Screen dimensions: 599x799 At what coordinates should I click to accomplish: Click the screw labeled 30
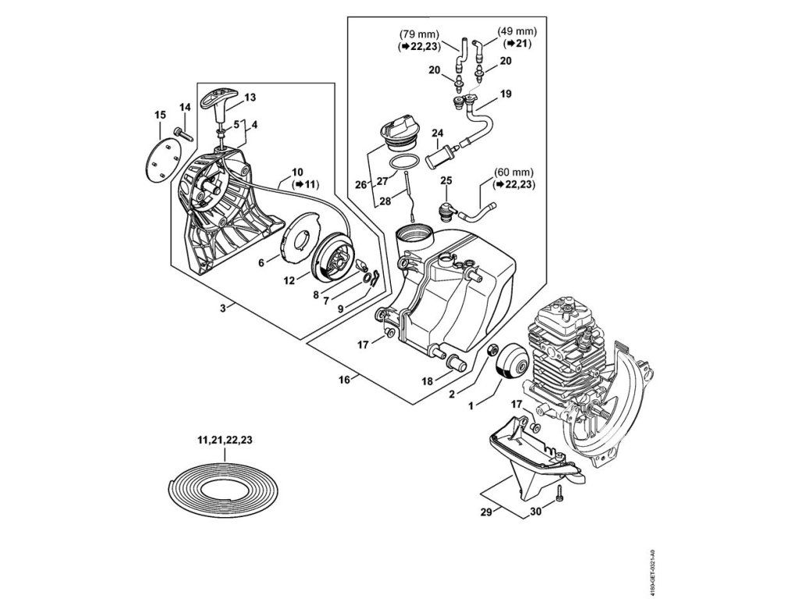pos(559,494)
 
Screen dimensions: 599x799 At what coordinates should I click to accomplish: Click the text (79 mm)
pos(418,35)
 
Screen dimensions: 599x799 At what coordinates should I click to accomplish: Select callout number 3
pos(222,309)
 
